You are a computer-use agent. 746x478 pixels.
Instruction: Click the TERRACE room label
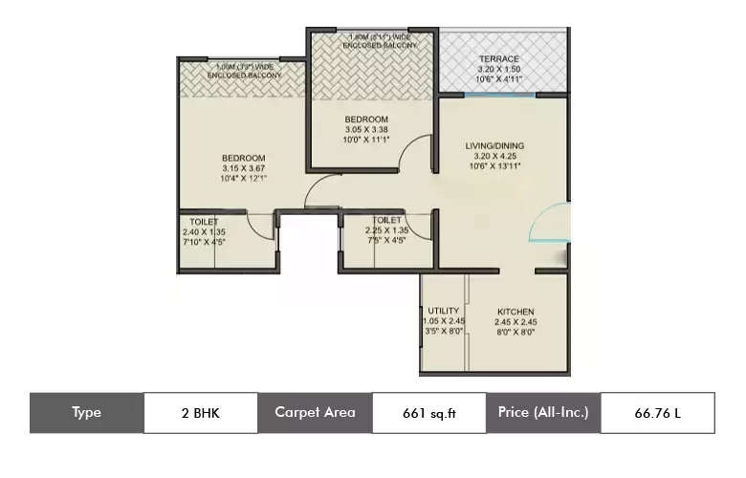(x=498, y=59)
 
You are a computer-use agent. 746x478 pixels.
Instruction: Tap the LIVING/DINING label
(x=494, y=145)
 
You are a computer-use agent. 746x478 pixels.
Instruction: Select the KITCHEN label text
(x=515, y=312)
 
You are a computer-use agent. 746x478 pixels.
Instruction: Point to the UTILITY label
(x=443, y=311)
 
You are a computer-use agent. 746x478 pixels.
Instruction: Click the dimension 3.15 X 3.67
(x=243, y=167)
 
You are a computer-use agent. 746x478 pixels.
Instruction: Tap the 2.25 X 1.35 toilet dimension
(x=385, y=229)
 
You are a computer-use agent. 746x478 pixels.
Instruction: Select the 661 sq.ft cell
(x=428, y=413)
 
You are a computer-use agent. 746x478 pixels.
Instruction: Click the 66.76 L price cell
(x=657, y=413)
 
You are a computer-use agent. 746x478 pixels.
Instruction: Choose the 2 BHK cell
(x=200, y=413)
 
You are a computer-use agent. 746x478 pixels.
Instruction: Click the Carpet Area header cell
(x=315, y=413)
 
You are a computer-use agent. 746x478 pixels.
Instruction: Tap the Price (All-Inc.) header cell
(x=542, y=413)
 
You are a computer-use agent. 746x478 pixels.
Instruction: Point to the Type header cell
(x=86, y=413)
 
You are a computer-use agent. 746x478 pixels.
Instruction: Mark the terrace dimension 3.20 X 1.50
(x=498, y=70)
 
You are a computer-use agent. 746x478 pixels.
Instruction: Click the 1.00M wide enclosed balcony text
(x=243, y=70)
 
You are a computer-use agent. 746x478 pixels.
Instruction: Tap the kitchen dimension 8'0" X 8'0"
(x=515, y=333)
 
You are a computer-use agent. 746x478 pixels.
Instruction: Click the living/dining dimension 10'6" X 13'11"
(x=494, y=166)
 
